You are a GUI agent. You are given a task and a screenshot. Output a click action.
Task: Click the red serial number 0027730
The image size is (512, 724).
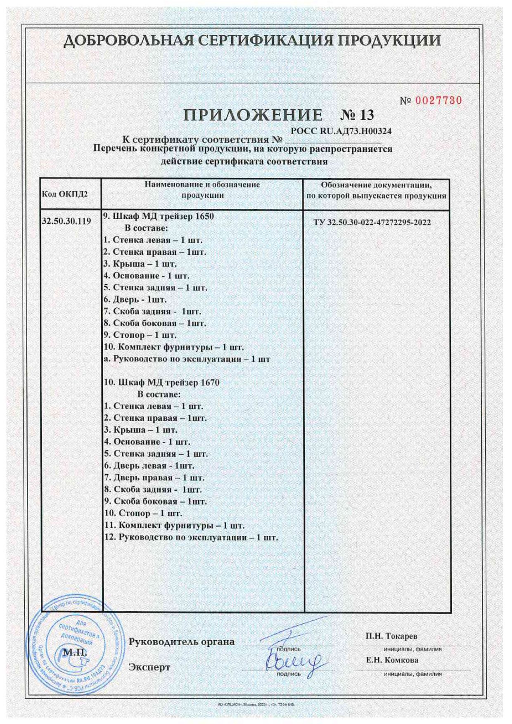click(438, 100)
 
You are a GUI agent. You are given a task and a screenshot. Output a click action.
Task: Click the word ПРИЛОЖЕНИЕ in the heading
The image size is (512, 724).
click(253, 115)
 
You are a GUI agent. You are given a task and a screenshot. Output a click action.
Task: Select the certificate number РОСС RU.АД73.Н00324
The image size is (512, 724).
click(341, 131)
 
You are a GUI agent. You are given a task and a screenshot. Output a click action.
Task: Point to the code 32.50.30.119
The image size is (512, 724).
click(66, 221)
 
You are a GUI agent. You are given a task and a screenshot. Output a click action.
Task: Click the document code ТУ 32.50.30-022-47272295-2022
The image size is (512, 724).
click(372, 222)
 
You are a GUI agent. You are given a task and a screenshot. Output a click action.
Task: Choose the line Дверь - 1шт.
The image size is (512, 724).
click(135, 299)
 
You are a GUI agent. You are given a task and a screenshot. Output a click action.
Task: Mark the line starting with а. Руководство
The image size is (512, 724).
click(187, 359)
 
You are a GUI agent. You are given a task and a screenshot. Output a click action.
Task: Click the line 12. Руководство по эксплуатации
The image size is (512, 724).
click(191, 537)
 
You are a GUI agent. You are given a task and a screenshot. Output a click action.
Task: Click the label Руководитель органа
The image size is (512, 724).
click(182, 641)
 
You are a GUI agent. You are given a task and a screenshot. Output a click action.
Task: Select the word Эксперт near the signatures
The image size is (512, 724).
click(149, 667)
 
